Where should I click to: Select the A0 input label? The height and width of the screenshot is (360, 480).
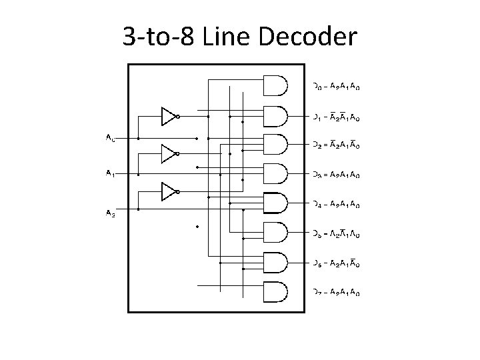click(x=110, y=139)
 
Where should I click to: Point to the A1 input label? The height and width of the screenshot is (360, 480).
click(x=110, y=173)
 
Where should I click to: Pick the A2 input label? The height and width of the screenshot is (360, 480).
click(x=110, y=213)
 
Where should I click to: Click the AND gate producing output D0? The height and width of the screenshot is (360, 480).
click(x=276, y=85)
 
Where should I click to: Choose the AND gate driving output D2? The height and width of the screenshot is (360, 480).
click(x=276, y=144)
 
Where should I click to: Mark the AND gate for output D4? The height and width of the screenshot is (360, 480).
click(x=276, y=203)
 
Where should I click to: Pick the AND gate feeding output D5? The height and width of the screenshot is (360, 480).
click(x=276, y=233)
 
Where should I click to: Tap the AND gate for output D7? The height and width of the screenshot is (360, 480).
click(x=276, y=292)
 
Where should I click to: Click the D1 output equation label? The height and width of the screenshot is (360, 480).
click(x=337, y=119)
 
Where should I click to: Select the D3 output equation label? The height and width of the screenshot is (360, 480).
click(x=337, y=175)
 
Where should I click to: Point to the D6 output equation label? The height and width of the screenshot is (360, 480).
click(x=337, y=265)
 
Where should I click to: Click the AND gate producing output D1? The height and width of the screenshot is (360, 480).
click(x=276, y=115)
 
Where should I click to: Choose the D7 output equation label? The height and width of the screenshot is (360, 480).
click(x=337, y=293)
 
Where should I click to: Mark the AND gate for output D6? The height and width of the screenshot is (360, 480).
click(x=276, y=263)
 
